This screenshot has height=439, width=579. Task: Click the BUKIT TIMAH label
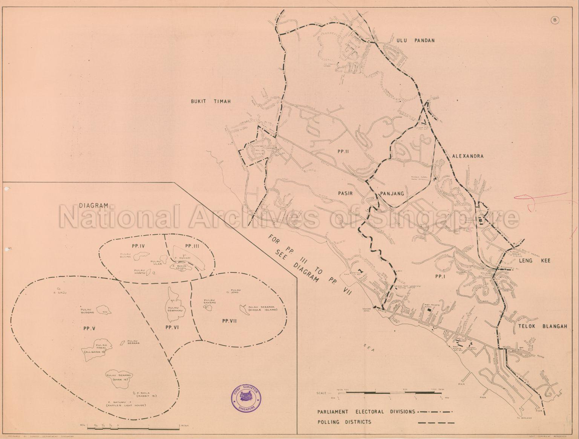coord(210,101)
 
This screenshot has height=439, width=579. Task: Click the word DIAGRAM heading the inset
coord(94,205)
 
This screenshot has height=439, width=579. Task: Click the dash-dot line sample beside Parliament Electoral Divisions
coord(435,411)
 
